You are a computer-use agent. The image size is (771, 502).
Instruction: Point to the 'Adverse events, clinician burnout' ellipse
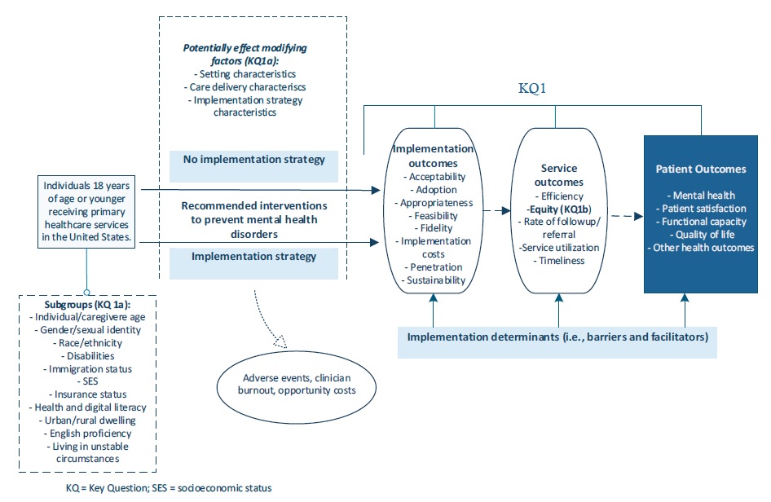(x=297, y=384)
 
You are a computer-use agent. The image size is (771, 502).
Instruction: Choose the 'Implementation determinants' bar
(x=557, y=337)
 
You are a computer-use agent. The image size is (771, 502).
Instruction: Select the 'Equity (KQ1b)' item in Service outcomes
(x=559, y=209)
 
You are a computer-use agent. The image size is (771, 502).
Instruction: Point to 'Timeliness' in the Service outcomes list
(x=559, y=261)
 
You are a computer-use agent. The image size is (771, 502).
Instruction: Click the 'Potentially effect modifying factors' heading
(x=245, y=55)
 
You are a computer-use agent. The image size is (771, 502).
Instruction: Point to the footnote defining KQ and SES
(x=169, y=487)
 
